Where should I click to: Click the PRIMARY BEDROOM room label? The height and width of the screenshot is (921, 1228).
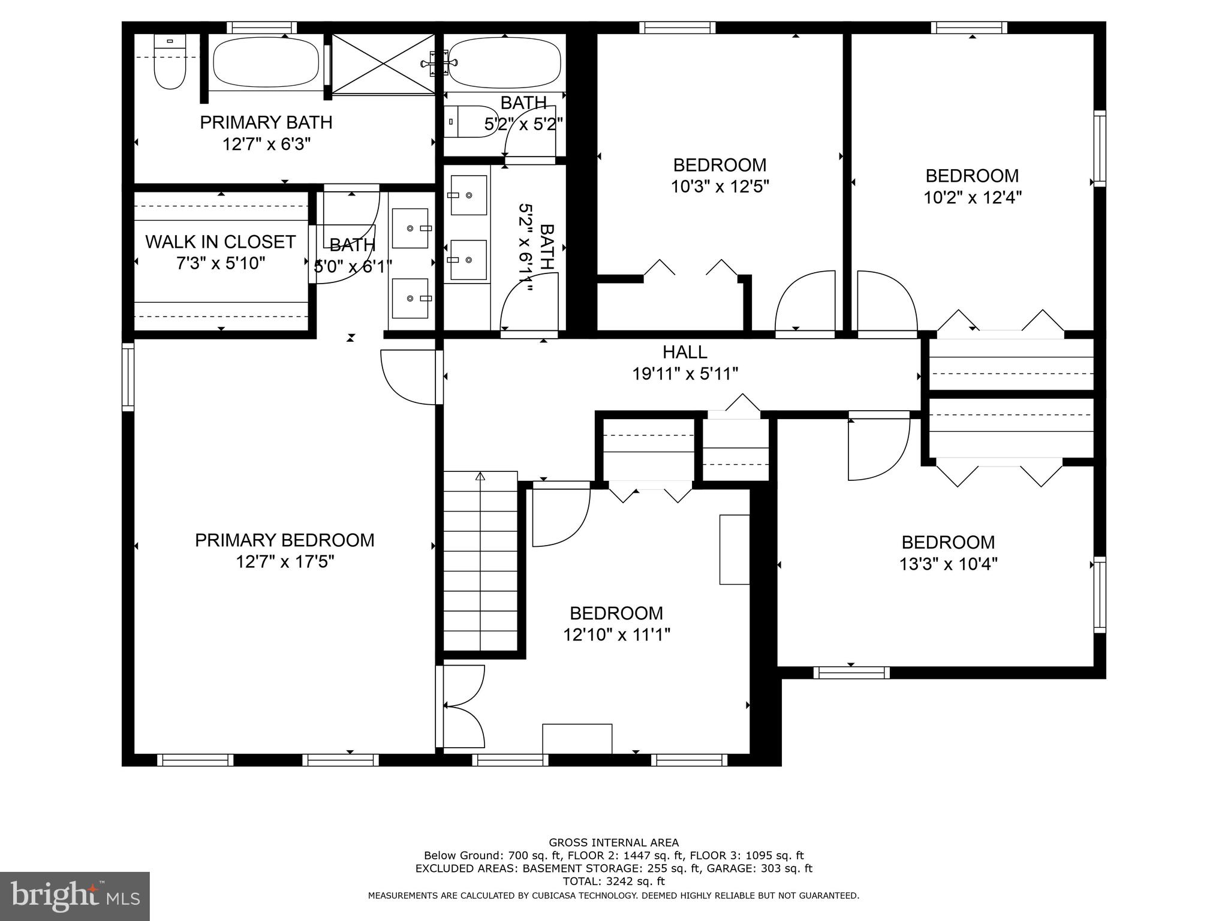coord(284,540)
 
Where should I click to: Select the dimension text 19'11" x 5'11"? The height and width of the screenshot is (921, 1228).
coord(685,374)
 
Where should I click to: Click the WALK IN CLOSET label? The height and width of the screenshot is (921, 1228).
coord(220,242)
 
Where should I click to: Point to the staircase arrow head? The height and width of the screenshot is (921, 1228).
coord(480,476)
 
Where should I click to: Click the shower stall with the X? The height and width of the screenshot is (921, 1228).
coord(384,64)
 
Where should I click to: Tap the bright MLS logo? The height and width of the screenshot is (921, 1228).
coord(74,896)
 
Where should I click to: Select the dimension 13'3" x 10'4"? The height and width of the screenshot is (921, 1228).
coord(948,564)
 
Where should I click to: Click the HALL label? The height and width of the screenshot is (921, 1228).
coord(685,352)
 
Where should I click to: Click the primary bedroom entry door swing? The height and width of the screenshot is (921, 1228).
coord(408,378)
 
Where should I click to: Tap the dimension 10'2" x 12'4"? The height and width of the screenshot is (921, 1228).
coord(972,198)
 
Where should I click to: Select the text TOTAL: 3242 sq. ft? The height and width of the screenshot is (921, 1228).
coord(613,881)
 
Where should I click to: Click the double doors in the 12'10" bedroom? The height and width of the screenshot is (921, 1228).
coord(463,706)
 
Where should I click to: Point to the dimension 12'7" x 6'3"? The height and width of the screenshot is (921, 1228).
coord(266,145)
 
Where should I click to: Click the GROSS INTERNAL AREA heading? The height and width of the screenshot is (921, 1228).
coord(613,842)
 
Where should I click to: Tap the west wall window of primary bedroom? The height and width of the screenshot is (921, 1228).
coord(128,377)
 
